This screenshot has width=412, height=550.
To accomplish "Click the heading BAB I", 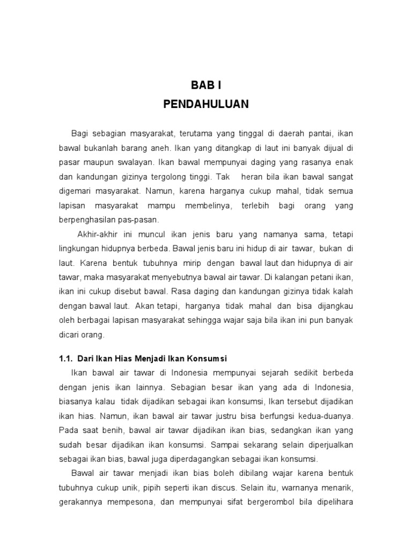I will [x=206, y=85].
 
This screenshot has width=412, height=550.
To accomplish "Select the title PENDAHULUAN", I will [x=206, y=104].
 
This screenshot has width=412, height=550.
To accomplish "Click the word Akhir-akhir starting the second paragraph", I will [x=95, y=235].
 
